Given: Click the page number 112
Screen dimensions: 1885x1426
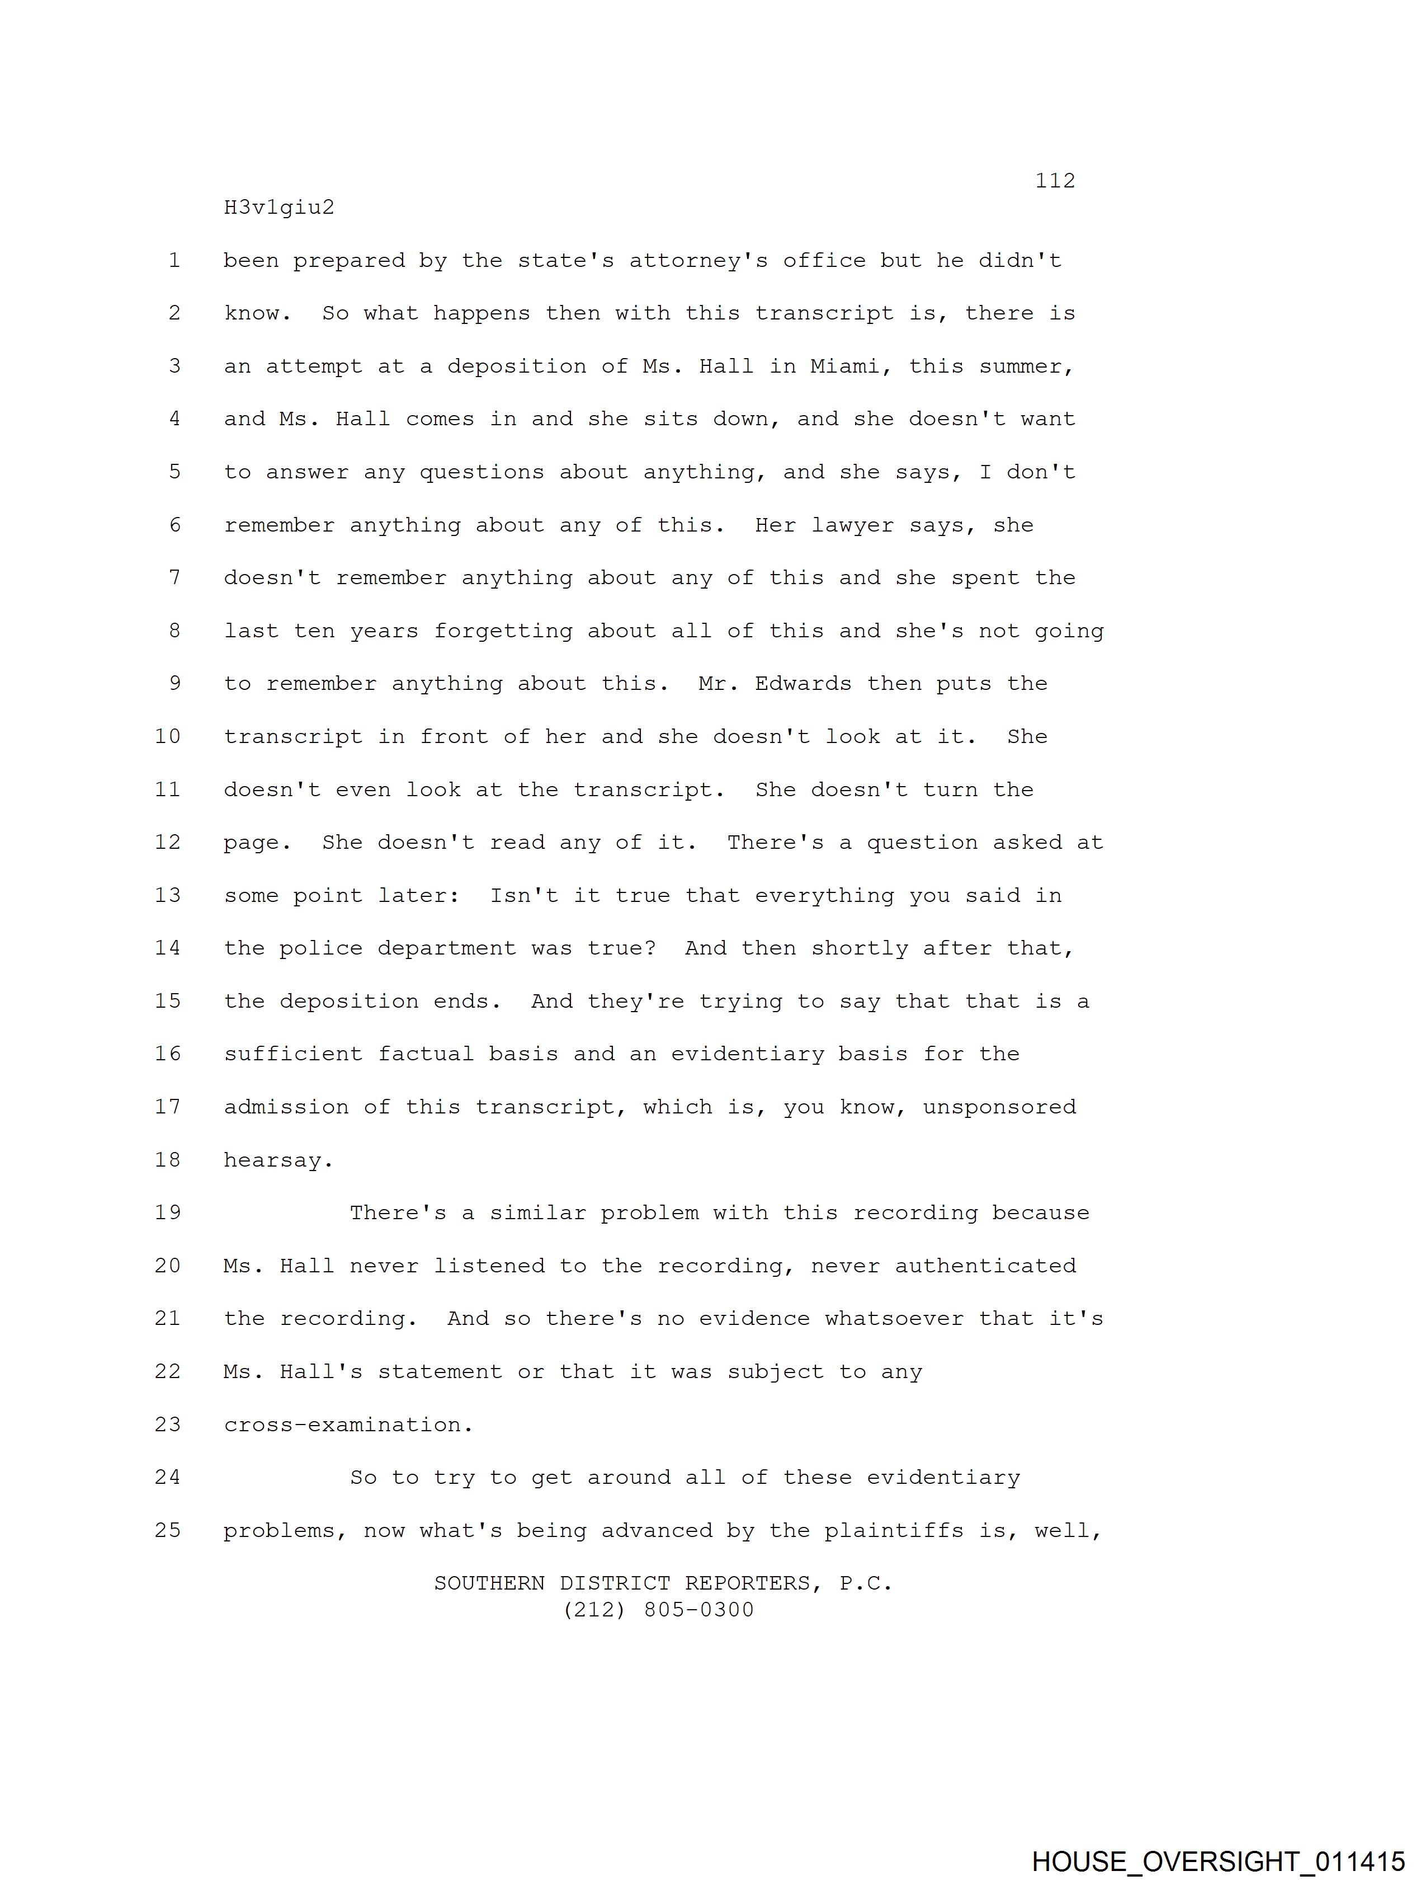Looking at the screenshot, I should (1055, 181).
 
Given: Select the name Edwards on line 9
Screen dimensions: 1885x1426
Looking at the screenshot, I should (802, 683).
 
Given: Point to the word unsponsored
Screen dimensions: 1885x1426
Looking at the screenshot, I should (999, 1107).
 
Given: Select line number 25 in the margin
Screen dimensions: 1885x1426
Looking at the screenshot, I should (168, 1530).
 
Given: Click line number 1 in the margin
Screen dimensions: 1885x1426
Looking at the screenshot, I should (174, 261).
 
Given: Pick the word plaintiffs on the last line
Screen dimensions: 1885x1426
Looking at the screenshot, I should (894, 1530).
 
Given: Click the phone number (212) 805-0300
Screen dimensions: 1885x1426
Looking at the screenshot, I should (659, 1610).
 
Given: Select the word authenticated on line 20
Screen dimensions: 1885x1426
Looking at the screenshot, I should (985, 1266).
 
